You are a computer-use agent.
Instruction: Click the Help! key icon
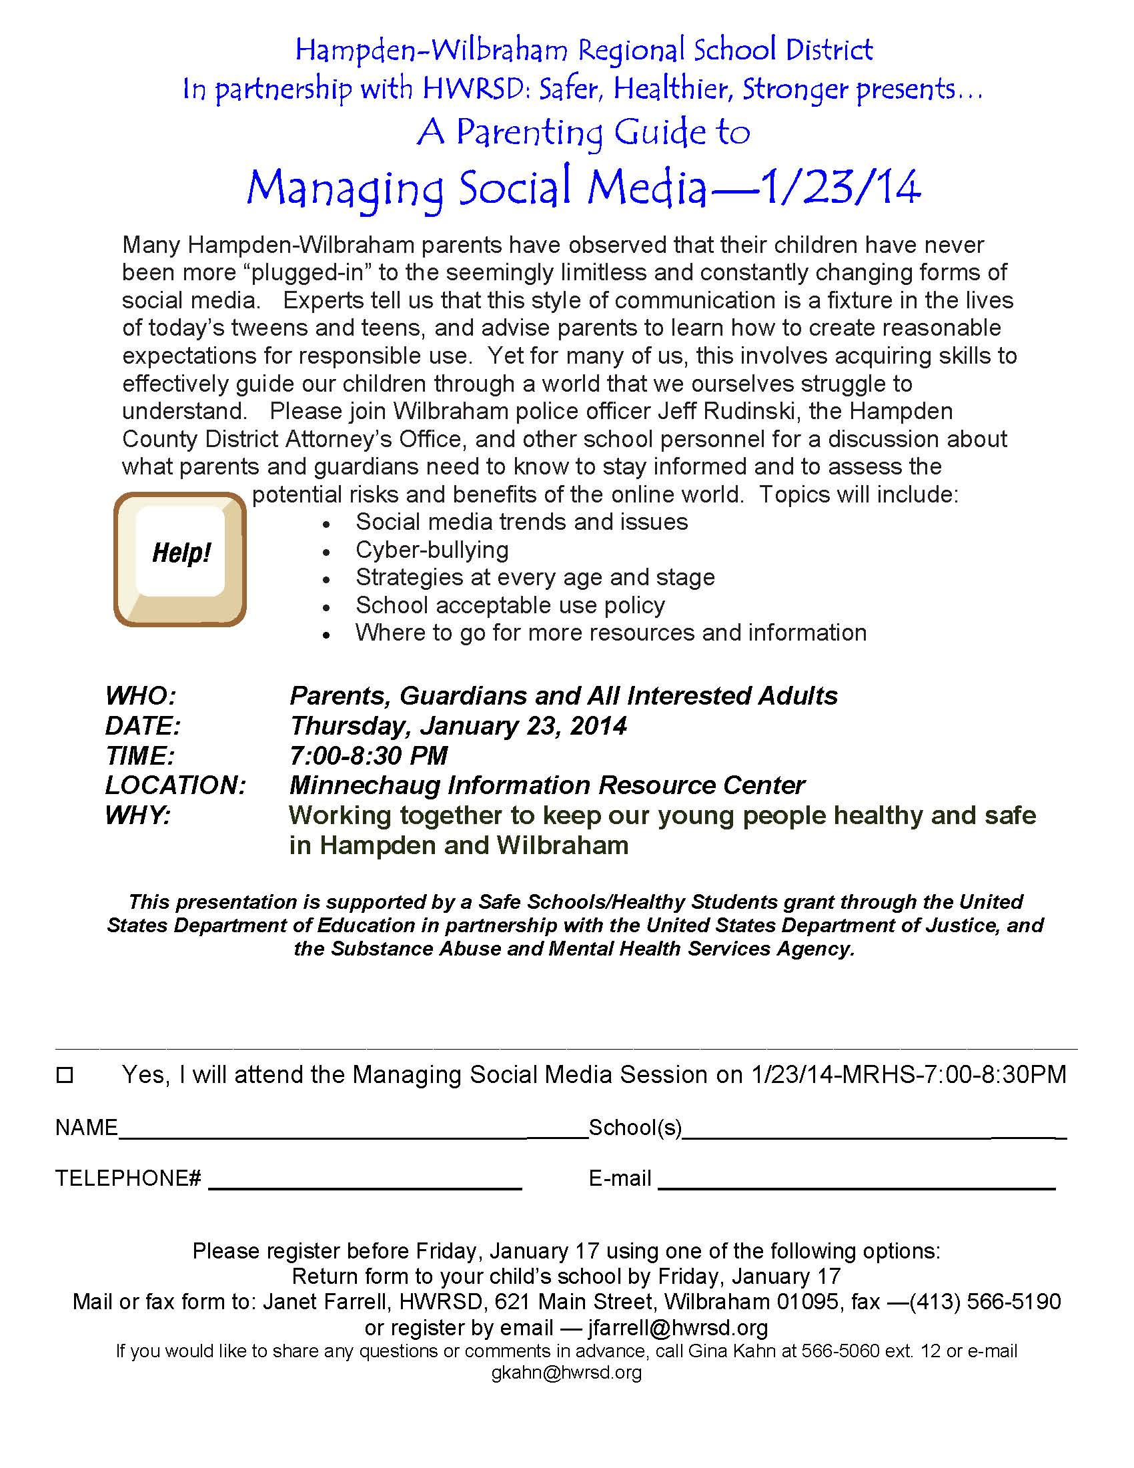coord(179,559)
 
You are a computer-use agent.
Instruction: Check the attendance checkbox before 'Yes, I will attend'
coord(65,1075)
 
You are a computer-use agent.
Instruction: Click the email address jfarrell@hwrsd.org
coord(677,1327)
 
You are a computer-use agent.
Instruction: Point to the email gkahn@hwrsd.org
coord(566,1373)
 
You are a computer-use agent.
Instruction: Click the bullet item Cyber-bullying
coord(432,550)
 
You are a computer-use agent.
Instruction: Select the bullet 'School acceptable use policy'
coord(510,605)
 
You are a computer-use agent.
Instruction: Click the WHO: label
coord(140,696)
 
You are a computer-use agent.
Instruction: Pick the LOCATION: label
coord(175,785)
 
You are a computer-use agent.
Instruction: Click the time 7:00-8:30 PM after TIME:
coord(368,755)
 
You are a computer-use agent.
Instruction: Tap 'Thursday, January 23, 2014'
coord(458,726)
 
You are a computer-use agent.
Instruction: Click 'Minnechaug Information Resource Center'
coord(547,785)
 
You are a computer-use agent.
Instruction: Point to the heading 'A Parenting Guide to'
coord(582,131)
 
